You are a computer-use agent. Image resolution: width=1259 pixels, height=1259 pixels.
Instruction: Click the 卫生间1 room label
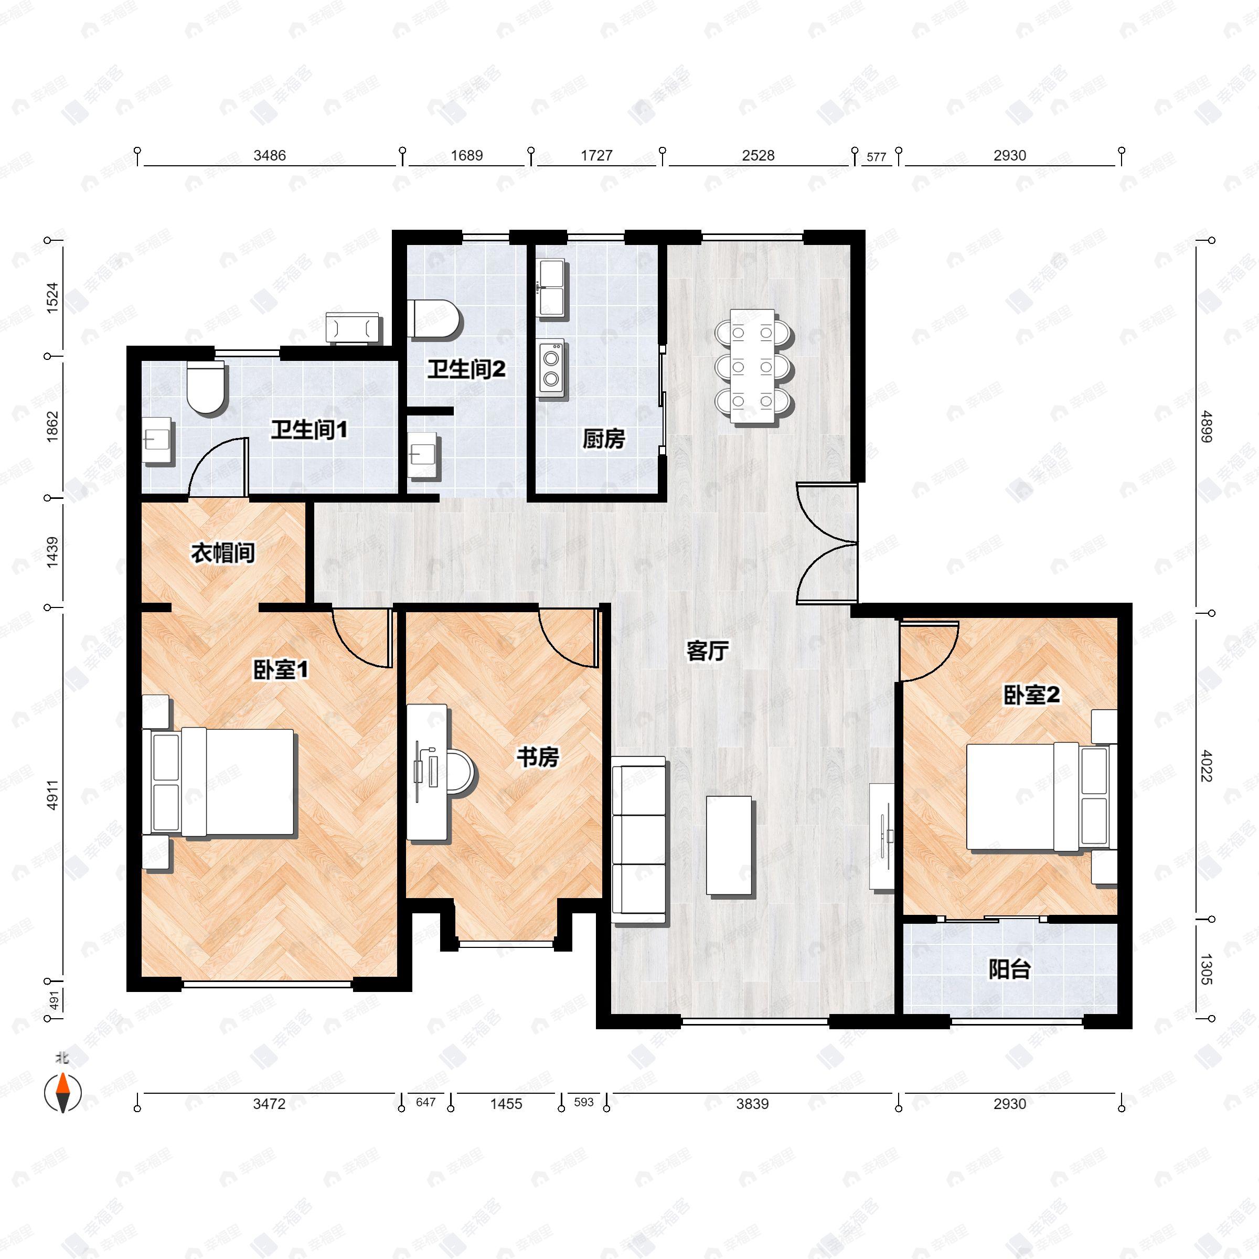click(309, 430)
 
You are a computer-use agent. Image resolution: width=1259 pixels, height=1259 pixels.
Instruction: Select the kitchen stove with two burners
click(551, 368)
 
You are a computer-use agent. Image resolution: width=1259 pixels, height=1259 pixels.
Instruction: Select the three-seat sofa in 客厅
click(638, 840)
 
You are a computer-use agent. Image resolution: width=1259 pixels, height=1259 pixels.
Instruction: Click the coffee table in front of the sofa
click(729, 845)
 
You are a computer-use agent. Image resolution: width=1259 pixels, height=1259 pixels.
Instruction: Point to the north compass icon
click(62, 1093)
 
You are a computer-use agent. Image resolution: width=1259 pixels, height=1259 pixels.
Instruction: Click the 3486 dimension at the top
click(269, 155)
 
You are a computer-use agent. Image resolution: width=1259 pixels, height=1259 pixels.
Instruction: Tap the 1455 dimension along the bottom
click(506, 1104)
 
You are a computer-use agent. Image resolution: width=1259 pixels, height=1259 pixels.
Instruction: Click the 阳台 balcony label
click(1009, 969)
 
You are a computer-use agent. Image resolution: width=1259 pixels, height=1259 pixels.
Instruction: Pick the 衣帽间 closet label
click(223, 552)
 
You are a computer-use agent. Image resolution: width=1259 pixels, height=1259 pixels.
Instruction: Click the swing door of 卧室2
click(929, 651)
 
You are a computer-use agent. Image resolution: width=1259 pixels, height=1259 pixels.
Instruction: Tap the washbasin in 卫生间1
click(157, 441)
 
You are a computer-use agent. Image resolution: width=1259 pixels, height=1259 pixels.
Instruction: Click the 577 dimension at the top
click(877, 157)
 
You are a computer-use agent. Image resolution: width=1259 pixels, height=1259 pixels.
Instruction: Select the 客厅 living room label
click(708, 650)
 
